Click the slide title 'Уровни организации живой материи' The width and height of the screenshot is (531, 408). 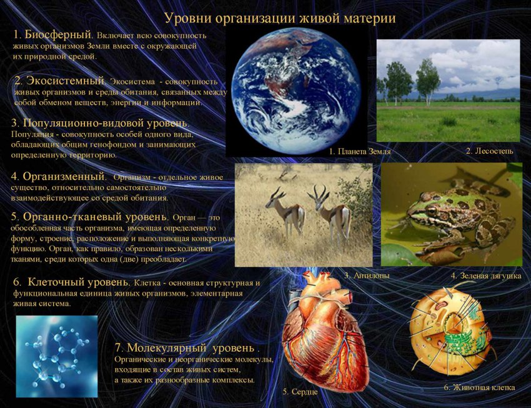click(x=280, y=18)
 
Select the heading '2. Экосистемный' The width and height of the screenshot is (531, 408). click(x=59, y=81)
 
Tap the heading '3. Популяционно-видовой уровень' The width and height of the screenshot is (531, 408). click(x=100, y=123)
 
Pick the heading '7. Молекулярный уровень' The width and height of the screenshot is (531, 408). click(x=186, y=347)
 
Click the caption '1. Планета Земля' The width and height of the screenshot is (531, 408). click(x=360, y=152)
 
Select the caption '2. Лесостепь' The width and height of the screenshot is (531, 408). click(x=489, y=151)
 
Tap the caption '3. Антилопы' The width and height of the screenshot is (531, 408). click(x=367, y=276)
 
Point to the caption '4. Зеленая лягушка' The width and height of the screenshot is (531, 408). click(x=485, y=276)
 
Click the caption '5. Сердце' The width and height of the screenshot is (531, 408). click(x=300, y=392)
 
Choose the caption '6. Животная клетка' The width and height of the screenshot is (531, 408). click(x=479, y=387)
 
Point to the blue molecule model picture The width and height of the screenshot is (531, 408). click(x=57, y=356)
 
